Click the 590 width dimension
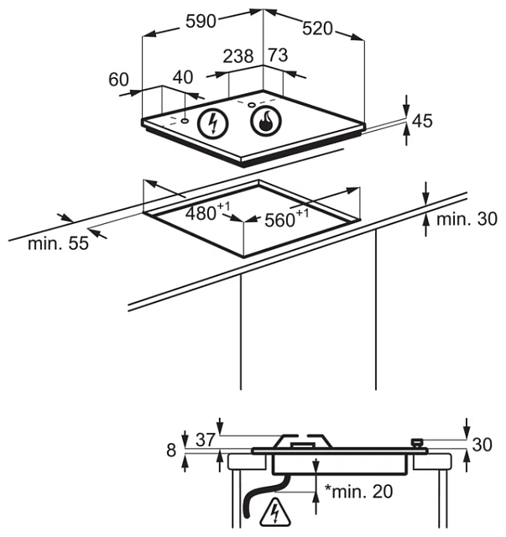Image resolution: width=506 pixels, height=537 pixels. coord(201,23)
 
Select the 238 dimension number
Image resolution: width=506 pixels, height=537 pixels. coord(238,56)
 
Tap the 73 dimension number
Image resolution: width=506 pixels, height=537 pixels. coord(278,56)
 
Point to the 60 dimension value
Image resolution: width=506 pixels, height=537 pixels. coord(119,80)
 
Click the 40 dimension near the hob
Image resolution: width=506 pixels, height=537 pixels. coord(182,77)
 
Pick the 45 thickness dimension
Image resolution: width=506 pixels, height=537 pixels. coord(422,121)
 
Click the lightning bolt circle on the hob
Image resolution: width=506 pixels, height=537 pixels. coord(212,125)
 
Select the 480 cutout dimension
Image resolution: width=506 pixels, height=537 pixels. coord(204,213)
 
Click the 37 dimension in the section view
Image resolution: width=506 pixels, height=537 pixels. coord(206,438)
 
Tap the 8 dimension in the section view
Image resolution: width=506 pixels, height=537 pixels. coord(172,451)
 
